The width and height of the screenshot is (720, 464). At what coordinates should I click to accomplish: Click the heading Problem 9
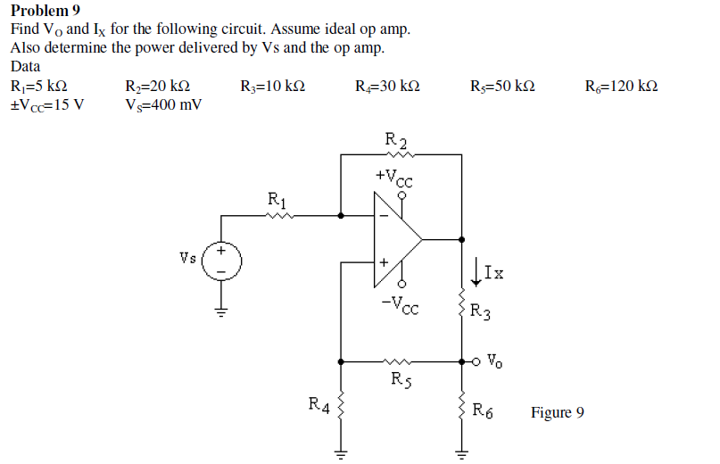pyautogui.click(x=45, y=11)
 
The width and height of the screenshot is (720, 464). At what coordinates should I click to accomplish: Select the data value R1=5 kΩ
pyautogui.click(x=38, y=87)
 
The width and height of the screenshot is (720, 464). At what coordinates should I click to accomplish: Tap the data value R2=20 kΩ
pyautogui.click(x=158, y=87)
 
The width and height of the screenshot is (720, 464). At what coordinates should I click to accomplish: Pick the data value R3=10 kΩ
pyautogui.click(x=273, y=87)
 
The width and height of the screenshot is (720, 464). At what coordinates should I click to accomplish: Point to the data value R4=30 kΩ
pyautogui.click(x=388, y=87)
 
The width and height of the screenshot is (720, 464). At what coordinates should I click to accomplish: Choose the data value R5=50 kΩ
pyautogui.click(x=502, y=87)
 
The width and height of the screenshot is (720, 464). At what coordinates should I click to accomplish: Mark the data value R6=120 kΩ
pyautogui.click(x=622, y=87)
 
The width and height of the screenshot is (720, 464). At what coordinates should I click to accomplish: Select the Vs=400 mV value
pyautogui.click(x=164, y=104)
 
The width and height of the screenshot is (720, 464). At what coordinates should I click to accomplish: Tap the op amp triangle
pyautogui.click(x=396, y=239)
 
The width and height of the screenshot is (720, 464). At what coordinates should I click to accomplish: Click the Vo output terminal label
pyautogui.click(x=497, y=362)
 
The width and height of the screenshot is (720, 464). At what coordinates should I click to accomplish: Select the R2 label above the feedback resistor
pyautogui.click(x=396, y=139)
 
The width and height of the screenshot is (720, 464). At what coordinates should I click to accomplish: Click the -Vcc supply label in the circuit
pyautogui.click(x=396, y=304)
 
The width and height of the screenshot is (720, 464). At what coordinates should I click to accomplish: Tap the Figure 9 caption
pyautogui.click(x=558, y=412)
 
